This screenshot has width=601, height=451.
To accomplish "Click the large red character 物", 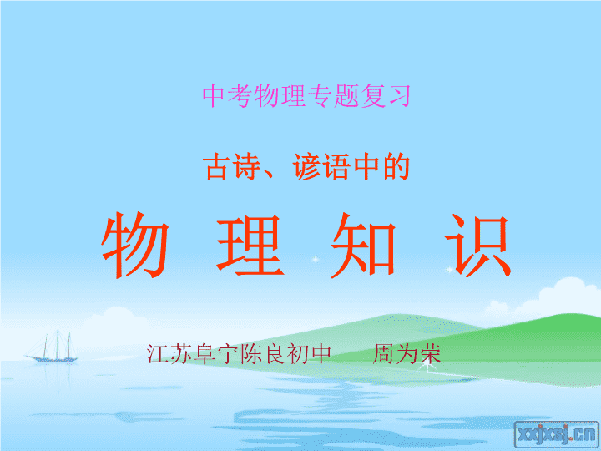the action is [x=135, y=245].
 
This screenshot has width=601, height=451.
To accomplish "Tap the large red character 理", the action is [x=250, y=246].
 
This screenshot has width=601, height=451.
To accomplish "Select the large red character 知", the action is [x=363, y=246].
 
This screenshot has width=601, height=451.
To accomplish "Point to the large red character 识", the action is [x=478, y=246].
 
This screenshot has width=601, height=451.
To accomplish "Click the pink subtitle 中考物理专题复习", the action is [x=306, y=96].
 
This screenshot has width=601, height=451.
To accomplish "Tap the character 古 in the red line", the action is [x=216, y=166].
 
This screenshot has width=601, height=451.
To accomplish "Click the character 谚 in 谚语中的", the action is [x=306, y=166].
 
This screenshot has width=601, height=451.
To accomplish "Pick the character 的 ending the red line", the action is [x=396, y=166].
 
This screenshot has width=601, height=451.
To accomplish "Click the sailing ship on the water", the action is [x=52, y=347].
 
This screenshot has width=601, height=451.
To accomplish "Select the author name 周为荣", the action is [x=407, y=353].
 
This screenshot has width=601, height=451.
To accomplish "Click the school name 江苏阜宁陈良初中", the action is [x=239, y=353].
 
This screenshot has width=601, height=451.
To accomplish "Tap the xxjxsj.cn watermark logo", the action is [x=557, y=433].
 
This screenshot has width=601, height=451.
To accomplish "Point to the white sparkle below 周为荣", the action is [x=427, y=367].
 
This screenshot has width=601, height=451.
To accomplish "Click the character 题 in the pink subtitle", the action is [x=346, y=96].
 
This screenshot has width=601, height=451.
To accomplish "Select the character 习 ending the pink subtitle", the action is [x=399, y=96].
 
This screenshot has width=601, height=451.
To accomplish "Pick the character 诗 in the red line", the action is [x=245, y=166].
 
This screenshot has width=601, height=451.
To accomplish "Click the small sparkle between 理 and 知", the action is [x=315, y=259].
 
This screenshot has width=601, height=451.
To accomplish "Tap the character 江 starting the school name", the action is [x=158, y=353].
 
